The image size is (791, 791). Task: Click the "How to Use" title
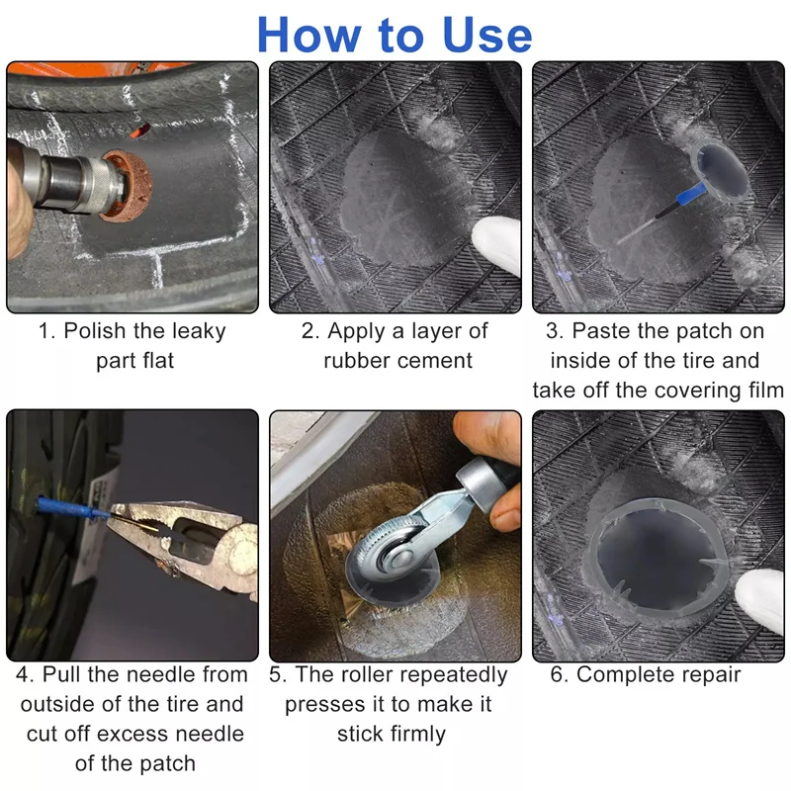(395, 35)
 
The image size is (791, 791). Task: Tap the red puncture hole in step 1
(139, 131)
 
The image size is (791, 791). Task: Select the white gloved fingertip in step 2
(496, 245)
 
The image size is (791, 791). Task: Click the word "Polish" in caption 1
(94, 331)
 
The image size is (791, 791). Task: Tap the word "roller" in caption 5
(367, 674)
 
